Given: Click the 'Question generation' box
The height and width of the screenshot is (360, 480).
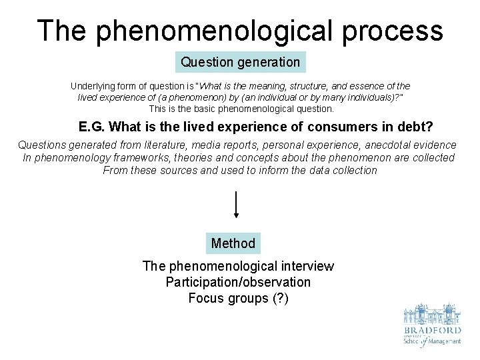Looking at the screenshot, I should tap(241, 62).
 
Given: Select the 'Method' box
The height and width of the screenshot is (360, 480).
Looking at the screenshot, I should tap(233, 243).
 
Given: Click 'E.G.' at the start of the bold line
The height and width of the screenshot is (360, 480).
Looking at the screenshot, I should tap(91, 127).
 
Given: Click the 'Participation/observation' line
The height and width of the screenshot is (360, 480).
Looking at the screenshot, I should tap(238, 282).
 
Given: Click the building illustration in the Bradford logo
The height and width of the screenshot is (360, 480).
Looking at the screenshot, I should tap(431, 315).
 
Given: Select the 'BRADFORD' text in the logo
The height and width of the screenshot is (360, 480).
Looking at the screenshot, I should tap(431, 331).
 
